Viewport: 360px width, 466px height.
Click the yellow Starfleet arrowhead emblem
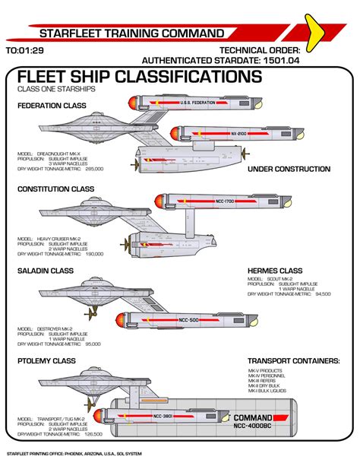pos(334,27)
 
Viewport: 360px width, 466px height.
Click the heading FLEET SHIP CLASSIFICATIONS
pos(139,77)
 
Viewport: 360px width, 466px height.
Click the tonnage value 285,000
pos(95,169)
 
